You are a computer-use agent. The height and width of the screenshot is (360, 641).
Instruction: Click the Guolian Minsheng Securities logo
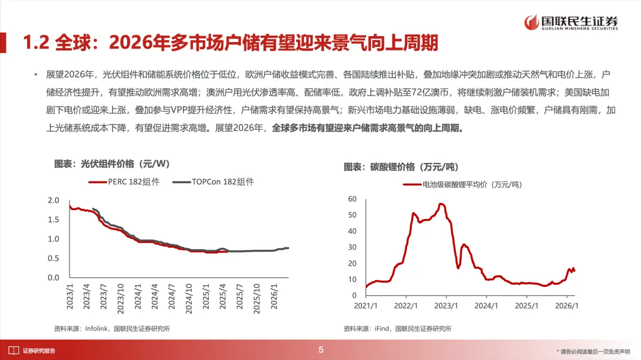[x=570, y=23]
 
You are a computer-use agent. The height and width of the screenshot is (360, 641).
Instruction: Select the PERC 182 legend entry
[x=124, y=182]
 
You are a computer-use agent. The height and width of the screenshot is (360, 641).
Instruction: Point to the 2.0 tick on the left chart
[x=53, y=200]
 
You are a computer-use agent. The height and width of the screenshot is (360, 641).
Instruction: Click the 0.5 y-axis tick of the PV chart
[x=53, y=259]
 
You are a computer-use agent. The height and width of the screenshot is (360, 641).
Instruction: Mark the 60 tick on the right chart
[x=352, y=199]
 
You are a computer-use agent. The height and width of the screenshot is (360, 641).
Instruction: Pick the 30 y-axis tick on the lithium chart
[x=352, y=247]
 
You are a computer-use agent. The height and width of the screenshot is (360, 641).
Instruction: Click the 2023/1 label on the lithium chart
[x=446, y=306]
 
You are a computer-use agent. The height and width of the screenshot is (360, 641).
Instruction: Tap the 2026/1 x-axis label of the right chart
[x=566, y=306]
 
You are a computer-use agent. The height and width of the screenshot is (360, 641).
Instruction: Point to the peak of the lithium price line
[x=441, y=204]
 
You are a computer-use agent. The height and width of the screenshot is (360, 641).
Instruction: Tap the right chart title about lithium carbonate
[x=401, y=167]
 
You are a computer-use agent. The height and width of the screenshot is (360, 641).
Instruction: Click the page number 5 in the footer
[x=321, y=350]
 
